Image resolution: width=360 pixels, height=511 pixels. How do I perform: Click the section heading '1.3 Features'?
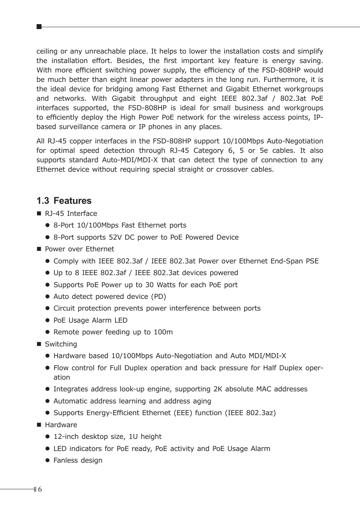coord(64,201)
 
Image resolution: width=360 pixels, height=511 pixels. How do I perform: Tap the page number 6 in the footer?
coord(40,489)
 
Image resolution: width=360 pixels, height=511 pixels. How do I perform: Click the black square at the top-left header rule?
coord(39,27)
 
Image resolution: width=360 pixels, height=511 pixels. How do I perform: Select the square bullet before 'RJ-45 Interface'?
coord(38,214)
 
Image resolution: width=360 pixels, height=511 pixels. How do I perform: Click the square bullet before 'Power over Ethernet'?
coord(38,249)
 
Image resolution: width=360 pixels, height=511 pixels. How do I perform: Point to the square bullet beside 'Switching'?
coord(38,344)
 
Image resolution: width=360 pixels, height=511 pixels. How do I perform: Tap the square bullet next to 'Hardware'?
coord(38,425)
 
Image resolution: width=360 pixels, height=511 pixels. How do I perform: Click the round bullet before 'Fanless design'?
coord(48,460)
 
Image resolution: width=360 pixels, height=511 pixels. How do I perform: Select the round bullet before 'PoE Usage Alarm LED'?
coord(48,320)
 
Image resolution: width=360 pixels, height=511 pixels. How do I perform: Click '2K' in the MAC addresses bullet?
coord(218,389)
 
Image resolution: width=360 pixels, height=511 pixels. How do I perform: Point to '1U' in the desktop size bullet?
coord(133,437)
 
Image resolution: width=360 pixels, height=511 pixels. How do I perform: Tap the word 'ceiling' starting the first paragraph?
coord(47,51)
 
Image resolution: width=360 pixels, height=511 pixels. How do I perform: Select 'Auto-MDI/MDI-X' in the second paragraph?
coord(130,160)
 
